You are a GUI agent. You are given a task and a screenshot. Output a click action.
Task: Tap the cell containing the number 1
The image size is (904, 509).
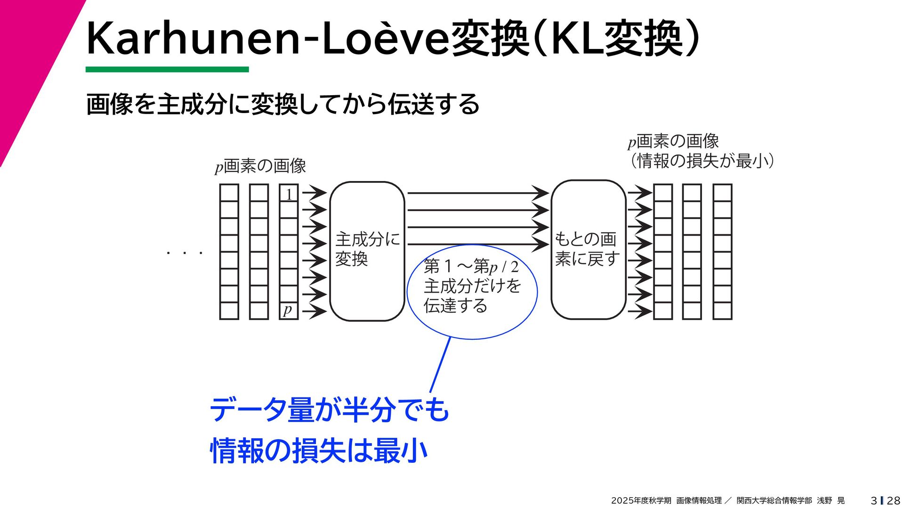[x=289, y=193]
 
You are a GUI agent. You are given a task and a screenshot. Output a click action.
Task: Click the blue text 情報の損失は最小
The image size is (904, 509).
[x=319, y=451]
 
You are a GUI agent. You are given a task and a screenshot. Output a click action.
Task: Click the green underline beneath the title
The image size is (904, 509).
[x=167, y=70]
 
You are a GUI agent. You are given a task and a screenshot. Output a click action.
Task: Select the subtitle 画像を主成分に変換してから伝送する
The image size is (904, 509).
[x=282, y=104]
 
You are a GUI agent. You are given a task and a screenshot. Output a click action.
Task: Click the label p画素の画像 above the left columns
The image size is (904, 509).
[x=260, y=166]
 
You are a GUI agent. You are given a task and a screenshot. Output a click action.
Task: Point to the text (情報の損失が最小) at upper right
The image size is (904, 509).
[x=702, y=161]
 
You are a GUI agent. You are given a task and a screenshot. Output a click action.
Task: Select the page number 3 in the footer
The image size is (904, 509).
[x=874, y=501]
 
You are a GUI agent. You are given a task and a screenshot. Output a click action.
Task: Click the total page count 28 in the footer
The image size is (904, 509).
[x=893, y=501]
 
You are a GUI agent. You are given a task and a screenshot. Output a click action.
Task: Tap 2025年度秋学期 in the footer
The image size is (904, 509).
[x=641, y=501]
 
